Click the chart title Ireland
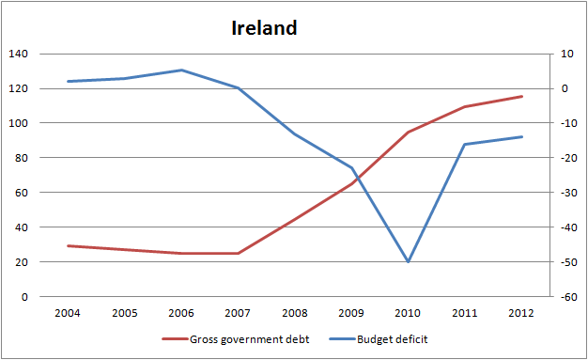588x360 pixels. [264, 28]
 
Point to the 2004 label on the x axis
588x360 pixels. [69, 313]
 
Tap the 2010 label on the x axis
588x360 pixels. [408, 313]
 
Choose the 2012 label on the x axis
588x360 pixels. [521, 313]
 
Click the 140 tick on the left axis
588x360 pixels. [19, 55]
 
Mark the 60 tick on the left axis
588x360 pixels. [22, 193]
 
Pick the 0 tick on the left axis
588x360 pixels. [25, 297]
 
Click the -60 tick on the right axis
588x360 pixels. [566, 297]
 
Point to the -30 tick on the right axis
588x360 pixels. [566, 193]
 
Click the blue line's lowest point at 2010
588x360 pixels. [408, 261]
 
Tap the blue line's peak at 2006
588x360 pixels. [181, 70]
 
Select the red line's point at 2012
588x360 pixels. [521, 97]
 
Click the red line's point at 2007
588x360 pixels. [239, 253]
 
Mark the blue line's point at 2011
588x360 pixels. [465, 144]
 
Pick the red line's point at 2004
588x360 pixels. [69, 245]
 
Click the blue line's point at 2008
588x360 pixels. [295, 133]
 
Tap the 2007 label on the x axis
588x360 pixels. [239, 313]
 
